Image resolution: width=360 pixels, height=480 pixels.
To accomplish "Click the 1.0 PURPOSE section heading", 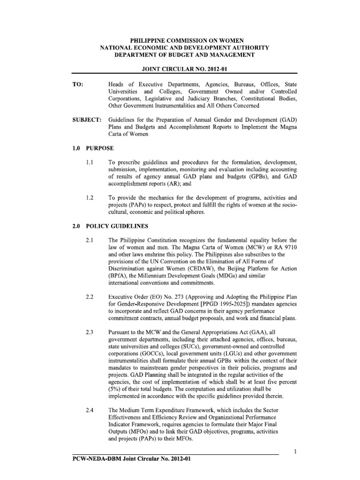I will click(x=93, y=148).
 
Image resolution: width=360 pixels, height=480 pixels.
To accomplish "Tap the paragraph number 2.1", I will click(x=90, y=240).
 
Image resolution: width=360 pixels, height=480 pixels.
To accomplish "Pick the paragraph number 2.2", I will click(x=90, y=297).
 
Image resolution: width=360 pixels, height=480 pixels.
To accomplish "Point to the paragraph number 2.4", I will click(x=90, y=410).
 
